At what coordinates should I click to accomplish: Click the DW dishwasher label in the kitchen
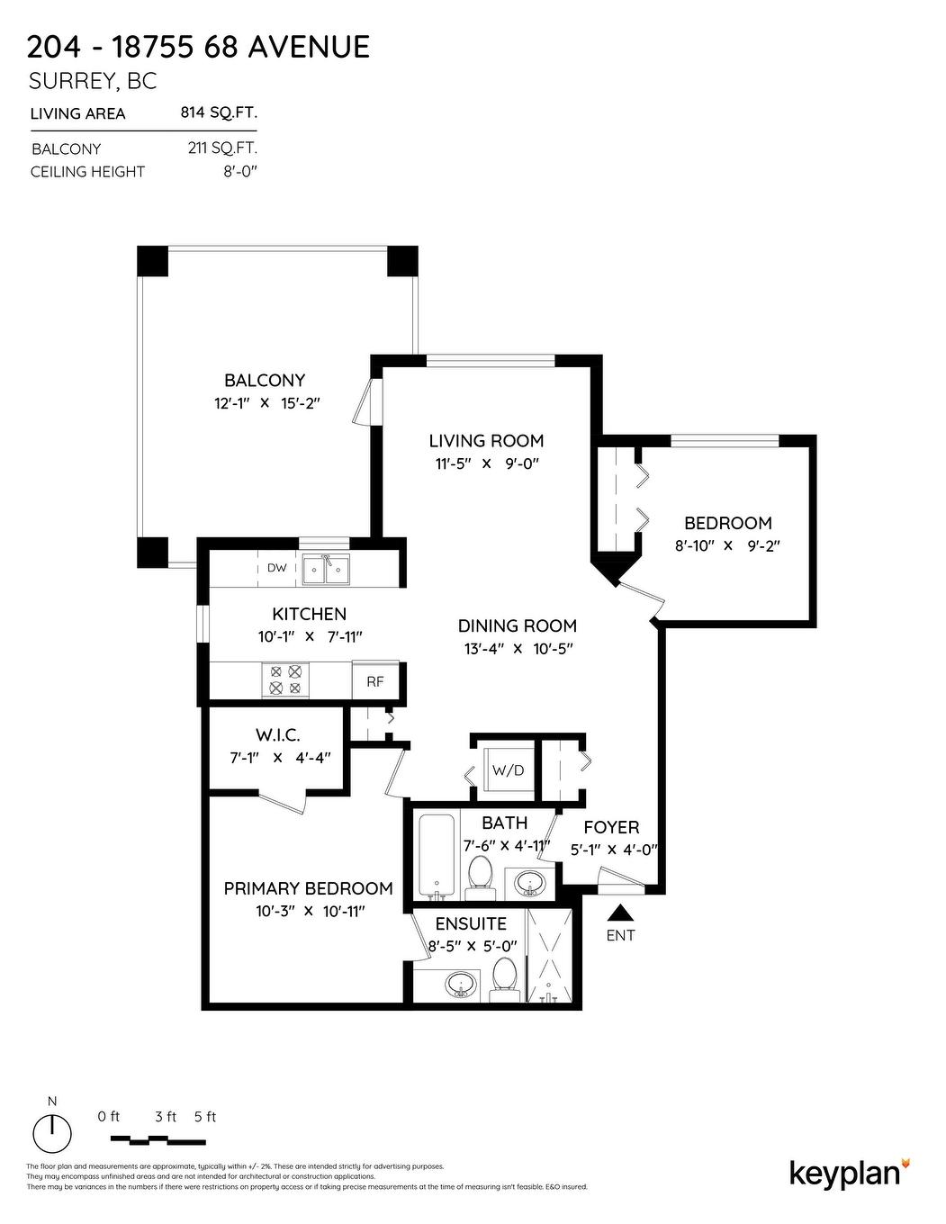(x=276, y=568)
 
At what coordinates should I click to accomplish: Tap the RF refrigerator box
(x=375, y=681)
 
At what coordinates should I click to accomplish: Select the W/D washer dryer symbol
(x=507, y=771)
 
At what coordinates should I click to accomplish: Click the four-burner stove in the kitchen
(x=284, y=679)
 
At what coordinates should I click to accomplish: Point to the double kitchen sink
(x=325, y=569)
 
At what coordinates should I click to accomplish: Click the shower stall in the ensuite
(x=548, y=957)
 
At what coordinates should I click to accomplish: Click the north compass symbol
(x=52, y=1131)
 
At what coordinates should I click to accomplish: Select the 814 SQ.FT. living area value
(x=219, y=112)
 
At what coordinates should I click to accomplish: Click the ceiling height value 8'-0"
(x=240, y=171)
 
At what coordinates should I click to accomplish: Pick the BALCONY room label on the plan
(x=265, y=381)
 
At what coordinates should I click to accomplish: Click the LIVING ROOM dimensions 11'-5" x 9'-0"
(x=486, y=464)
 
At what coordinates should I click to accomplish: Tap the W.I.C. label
(x=277, y=735)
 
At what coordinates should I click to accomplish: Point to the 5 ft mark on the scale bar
(x=205, y=1117)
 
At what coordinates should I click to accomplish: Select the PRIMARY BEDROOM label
(x=308, y=888)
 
